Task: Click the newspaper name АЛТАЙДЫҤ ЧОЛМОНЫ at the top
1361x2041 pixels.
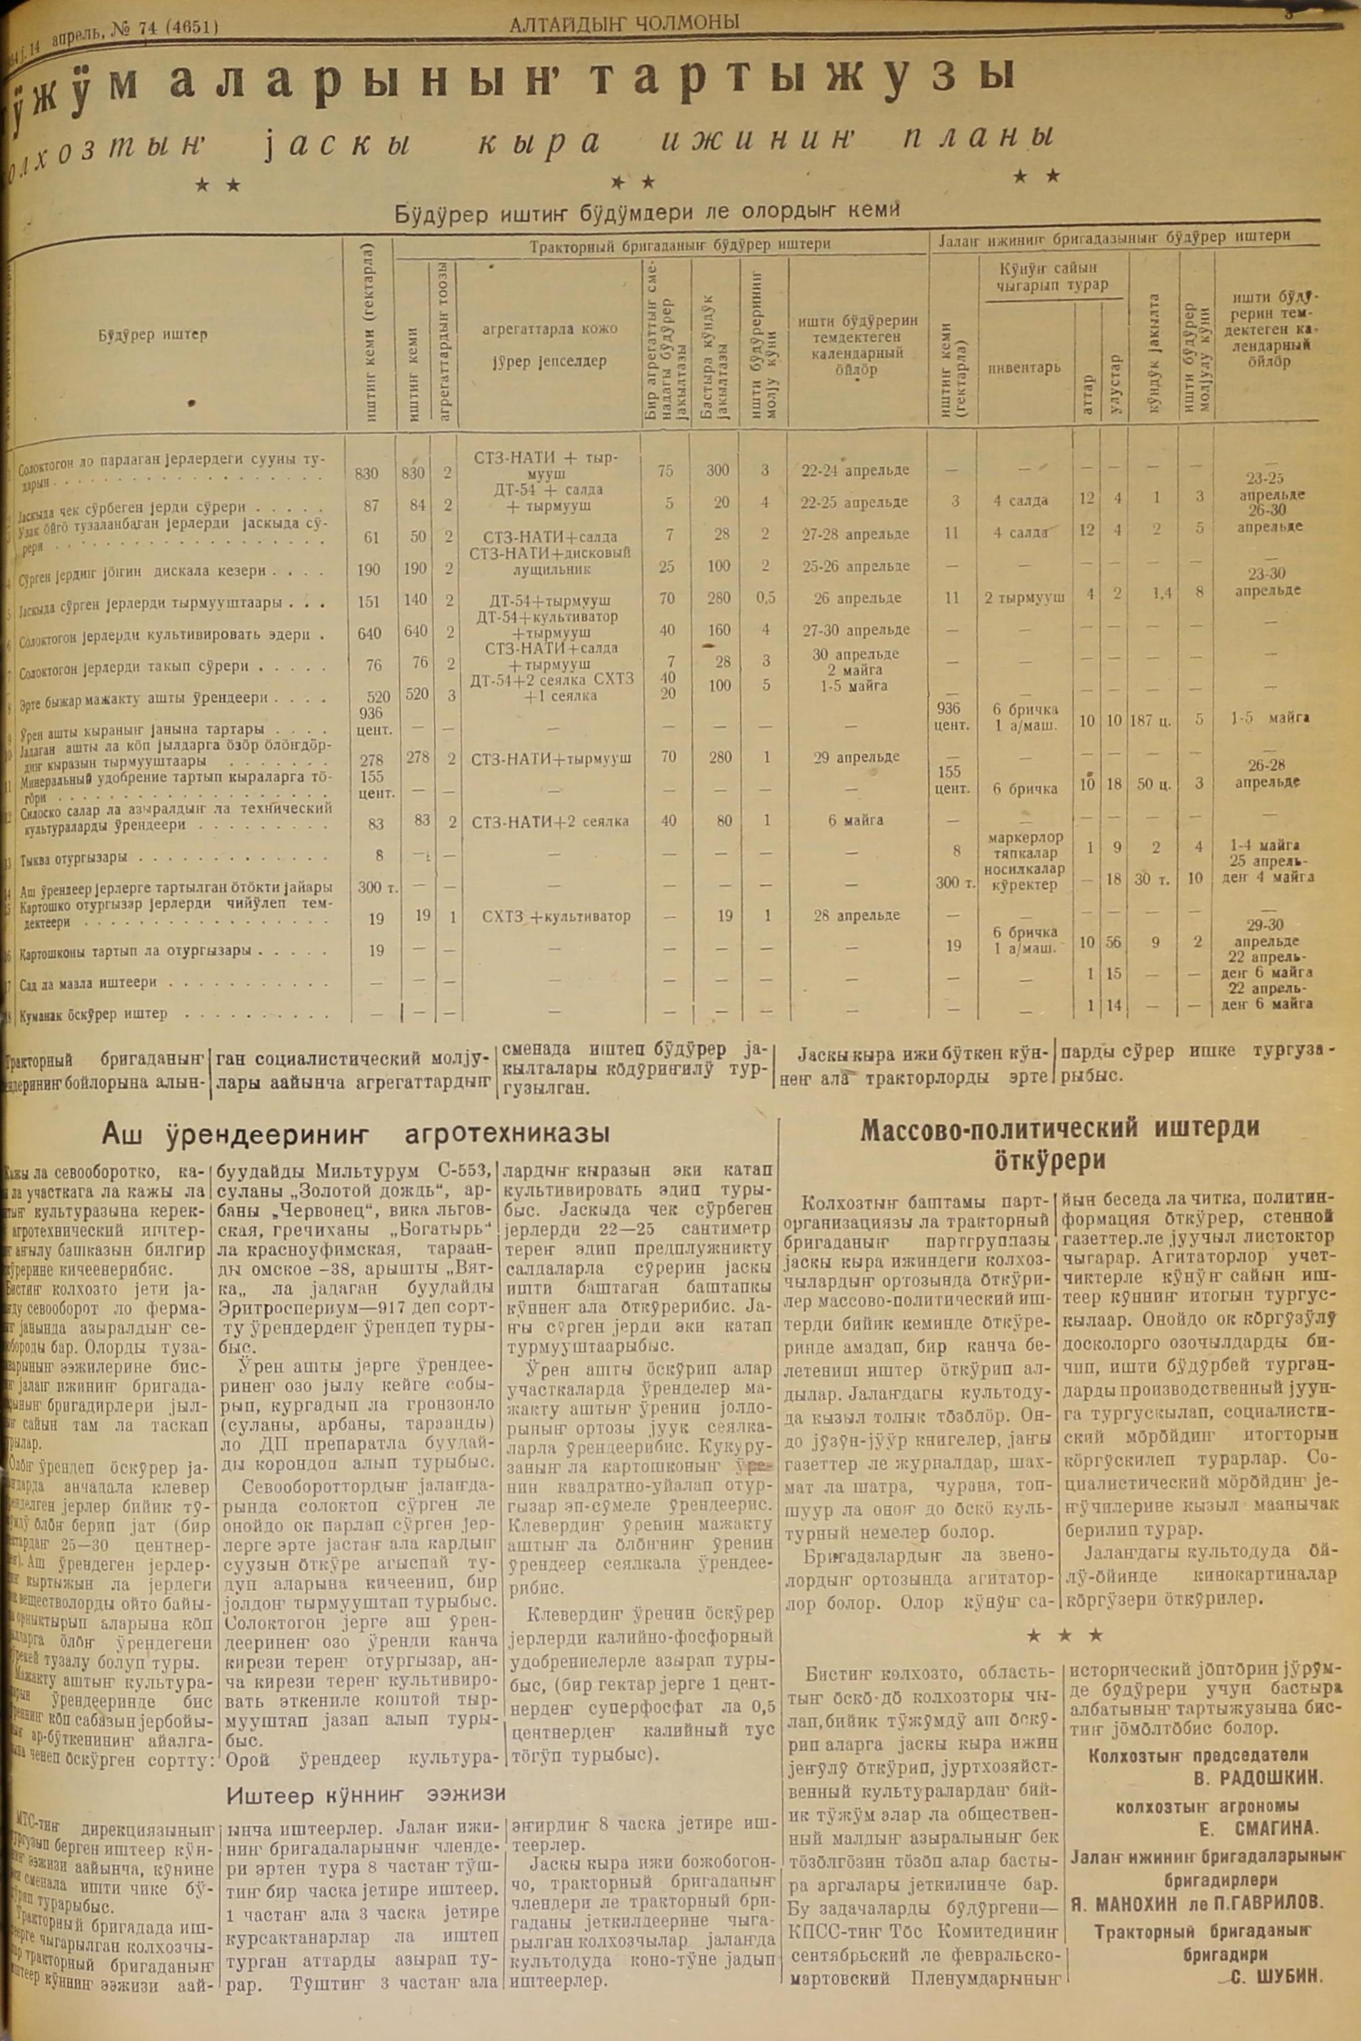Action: (x=623, y=22)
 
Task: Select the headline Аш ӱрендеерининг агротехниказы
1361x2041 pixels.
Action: (x=355, y=1133)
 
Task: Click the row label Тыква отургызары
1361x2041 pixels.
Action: (x=73, y=857)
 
